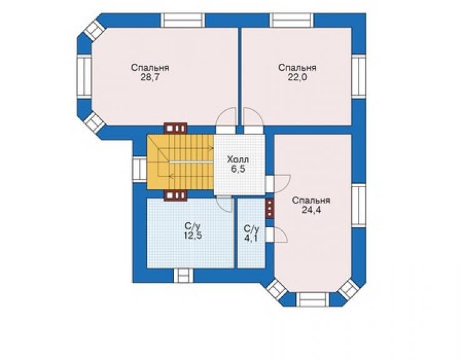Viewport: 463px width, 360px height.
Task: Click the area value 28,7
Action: pos(150,78)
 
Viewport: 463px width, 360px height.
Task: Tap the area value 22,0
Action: pos(297,78)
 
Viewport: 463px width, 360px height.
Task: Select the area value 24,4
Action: pos(311,210)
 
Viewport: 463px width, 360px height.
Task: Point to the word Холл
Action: pos(238,160)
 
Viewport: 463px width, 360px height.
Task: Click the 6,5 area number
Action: pos(238,170)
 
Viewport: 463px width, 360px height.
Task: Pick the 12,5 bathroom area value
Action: pos(193,236)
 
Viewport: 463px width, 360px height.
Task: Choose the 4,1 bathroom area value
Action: pos(252,238)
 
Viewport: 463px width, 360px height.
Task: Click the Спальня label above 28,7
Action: pos(150,68)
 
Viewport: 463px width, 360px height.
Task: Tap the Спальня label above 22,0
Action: pos(297,68)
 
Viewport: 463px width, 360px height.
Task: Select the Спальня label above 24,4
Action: pos(311,200)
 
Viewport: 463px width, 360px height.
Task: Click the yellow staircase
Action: pos(180,162)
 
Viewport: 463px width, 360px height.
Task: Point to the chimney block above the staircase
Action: pos(176,128)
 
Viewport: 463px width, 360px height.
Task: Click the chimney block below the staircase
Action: pos(176,195)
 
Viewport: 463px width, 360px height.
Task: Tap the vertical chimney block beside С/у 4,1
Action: pos(270,208)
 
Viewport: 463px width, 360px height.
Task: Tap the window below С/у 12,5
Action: pos(183,275)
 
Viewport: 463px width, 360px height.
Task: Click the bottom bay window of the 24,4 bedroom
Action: pos(313,300)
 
